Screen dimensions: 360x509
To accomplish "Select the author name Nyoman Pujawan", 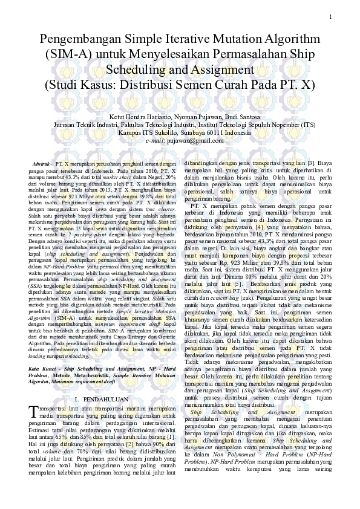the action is pos(195,116).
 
